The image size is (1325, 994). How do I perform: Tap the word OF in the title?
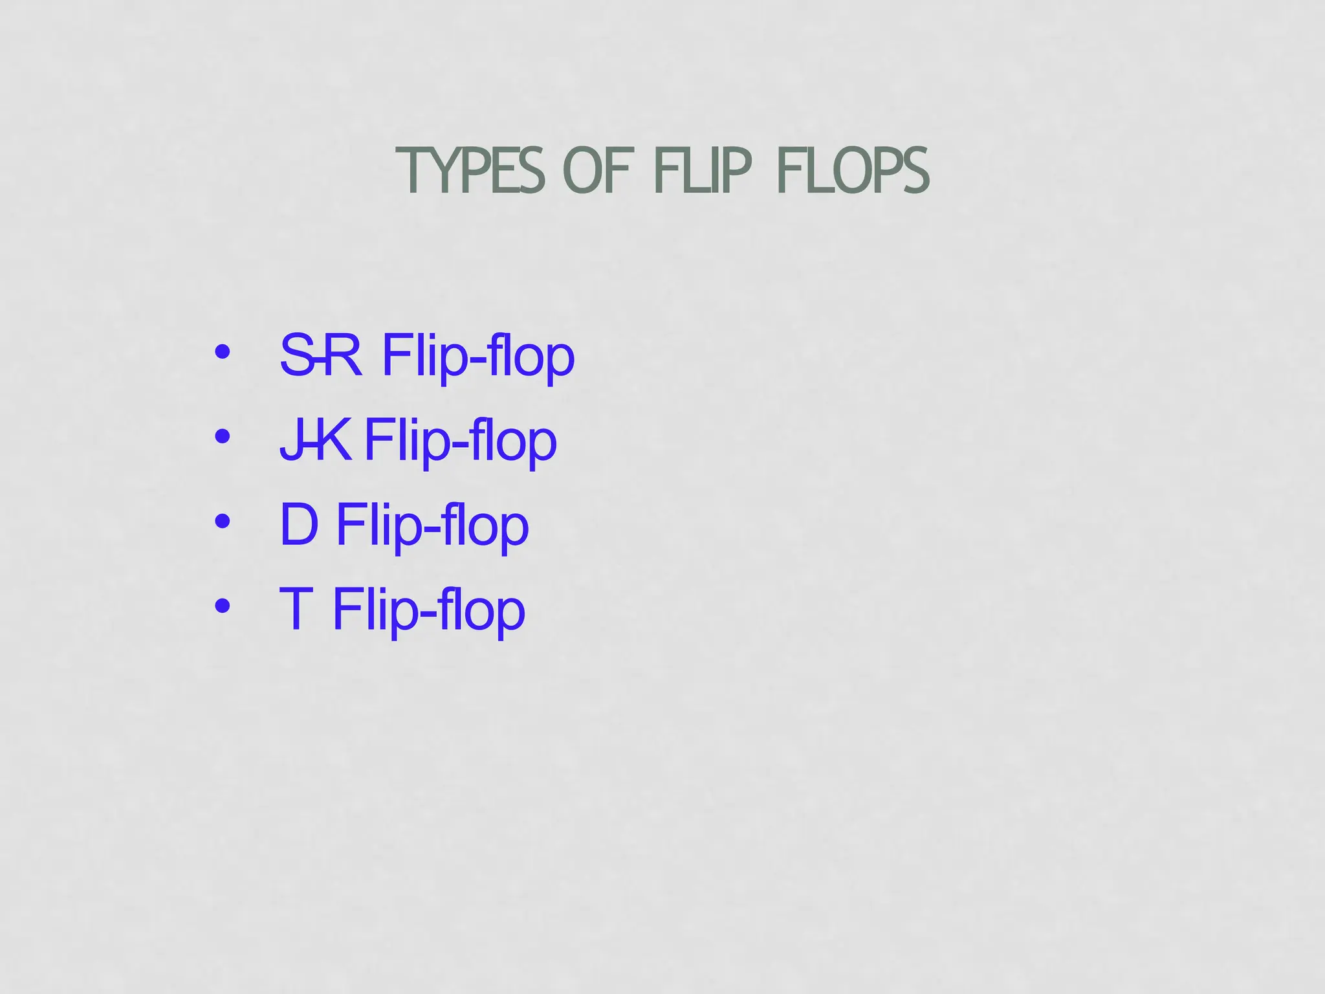597,171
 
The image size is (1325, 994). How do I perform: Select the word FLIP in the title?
703,171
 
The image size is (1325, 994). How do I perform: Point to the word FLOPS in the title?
853,171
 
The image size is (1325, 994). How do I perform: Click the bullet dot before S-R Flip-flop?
223,352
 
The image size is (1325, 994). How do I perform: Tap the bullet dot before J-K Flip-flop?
223,437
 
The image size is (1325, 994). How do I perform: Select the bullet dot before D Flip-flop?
223,521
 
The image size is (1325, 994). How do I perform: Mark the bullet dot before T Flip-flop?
223,606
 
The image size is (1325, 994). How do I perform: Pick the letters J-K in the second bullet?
316,440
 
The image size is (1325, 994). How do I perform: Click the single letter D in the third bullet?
299,524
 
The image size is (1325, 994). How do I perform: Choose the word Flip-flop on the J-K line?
460,441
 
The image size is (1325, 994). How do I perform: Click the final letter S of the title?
915,171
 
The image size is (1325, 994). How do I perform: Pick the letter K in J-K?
335,440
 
